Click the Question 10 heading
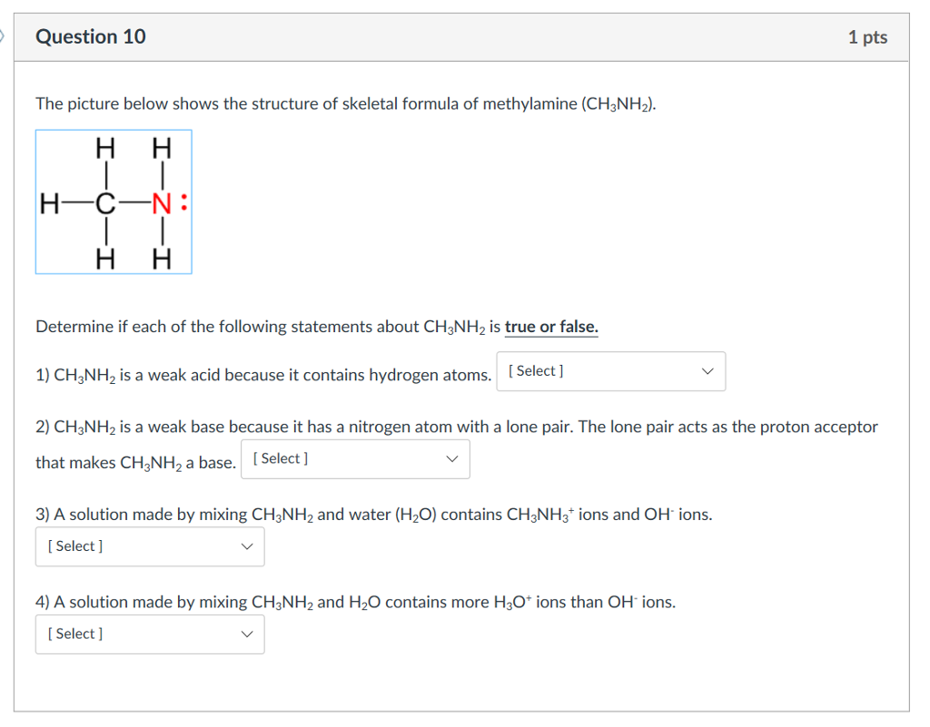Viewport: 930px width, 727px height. point(90,37)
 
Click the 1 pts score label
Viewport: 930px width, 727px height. point(867,37)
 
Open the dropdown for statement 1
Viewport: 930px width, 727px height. point(610,371)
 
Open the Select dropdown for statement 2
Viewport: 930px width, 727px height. point(355,459)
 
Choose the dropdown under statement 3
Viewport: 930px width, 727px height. point(150,546)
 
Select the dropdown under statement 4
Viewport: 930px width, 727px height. point(150,634)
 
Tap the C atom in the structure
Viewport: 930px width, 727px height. point(106,203)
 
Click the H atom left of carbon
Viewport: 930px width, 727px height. point(50,203)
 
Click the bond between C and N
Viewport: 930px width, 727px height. point(134,203)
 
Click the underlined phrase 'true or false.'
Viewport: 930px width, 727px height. point(551,327)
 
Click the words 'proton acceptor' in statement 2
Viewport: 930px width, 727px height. point(821,427)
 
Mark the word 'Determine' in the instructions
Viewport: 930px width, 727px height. point(73,327)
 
